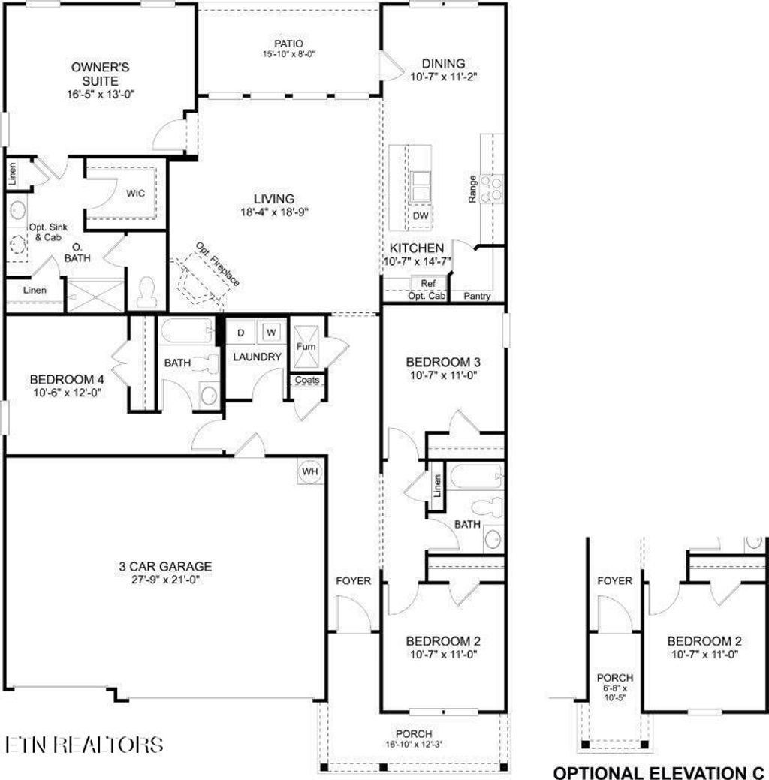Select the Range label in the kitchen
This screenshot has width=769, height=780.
tap(472, 188)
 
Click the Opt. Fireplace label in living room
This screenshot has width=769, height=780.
tap(219, 264)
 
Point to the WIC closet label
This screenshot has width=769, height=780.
tap(135, 194)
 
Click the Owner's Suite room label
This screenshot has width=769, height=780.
tap(101, 67)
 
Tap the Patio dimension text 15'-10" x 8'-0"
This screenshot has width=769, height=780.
tap(288, 53)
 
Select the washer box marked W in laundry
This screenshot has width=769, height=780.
tap(271, 332)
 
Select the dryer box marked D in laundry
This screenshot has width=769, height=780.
tap(241, 332)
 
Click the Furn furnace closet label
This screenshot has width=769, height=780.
tap(305, 347)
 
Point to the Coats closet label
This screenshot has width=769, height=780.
tap(306, 380)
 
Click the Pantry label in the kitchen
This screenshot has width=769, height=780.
tap(477, 297)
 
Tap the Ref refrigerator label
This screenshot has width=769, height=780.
tap(428, 284)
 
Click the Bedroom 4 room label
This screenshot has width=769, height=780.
tap(66, 379)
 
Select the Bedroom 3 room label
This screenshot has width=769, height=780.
tap(443, 362)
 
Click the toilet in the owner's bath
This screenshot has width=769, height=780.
tap(148, 291)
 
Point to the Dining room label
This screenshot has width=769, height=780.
tap(443, 64)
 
